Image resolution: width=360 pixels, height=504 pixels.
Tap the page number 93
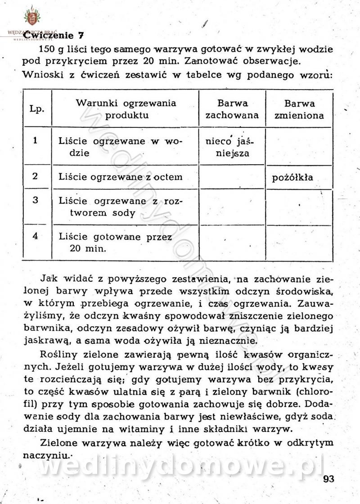pyautogui.click(x=329, y=479)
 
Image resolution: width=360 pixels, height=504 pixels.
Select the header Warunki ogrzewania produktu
pyautogui.click(x=126, y=109)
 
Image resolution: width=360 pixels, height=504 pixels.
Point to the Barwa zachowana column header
pyautogui.click(x=232, y=109)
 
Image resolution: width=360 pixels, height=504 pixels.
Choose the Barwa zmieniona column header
pyautogui.click(x=299, y=109)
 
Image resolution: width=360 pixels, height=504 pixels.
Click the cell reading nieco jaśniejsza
pyautogui.click(x=229, y=147)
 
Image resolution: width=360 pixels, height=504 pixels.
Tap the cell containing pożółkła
pyautogui.click(x=293, y=177)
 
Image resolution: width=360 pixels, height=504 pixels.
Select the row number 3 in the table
pyautogui.click(x=35, y=200)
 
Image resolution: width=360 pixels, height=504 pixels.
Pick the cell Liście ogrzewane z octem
pyautogui.click(x=121, y=177)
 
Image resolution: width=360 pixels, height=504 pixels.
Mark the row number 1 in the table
pyautogui.click(x=35, y=140)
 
